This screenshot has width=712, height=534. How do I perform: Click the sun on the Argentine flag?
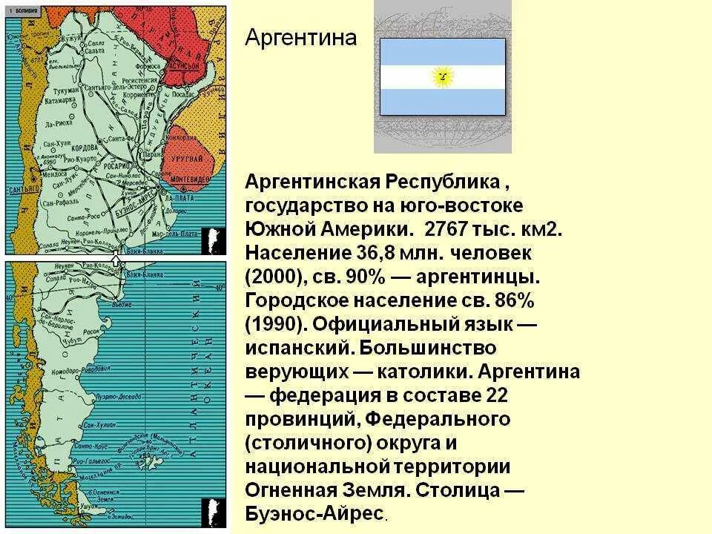coord(443,76)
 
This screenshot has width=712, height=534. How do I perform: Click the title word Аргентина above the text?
coord(300,37)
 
